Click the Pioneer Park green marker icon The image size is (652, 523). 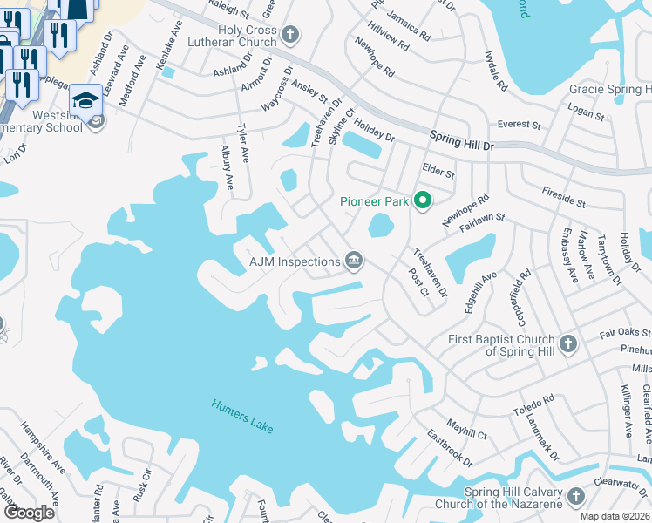(x=423, y=201)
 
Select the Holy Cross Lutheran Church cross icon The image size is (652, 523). (x=290, y=36)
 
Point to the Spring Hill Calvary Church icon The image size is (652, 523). (x=574, y=497)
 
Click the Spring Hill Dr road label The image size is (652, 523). (x=462, y=140)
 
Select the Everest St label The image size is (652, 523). (x=520, y=125)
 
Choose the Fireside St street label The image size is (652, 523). (x=563, y=194)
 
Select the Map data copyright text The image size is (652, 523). (x=615, y=516)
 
